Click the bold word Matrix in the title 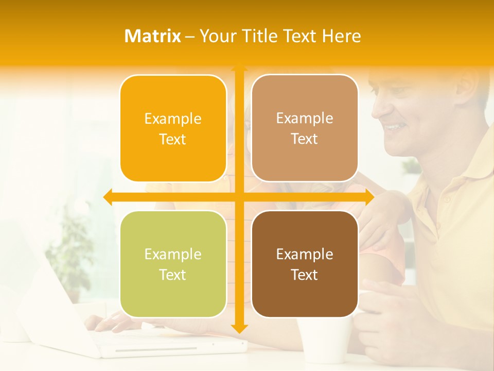(x=153, y=36)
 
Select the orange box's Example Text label (x=173, y=129)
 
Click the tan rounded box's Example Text (x=305, y=128)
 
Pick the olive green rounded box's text (x=173, y=264)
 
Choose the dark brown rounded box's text (x=305, y=264)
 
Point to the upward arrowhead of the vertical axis (x=239, y=68)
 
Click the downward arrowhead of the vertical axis (x=239, y=328)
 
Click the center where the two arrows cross (x=239, y=197)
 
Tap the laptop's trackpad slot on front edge (x=154, y=350)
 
